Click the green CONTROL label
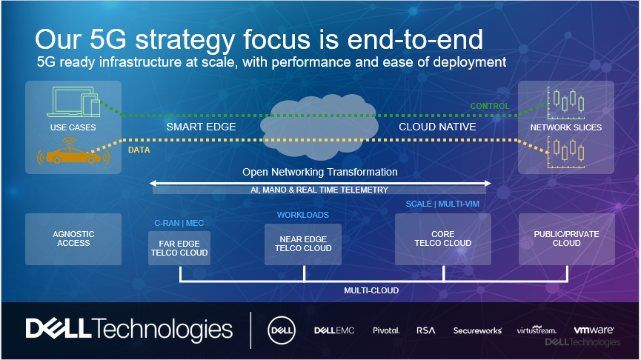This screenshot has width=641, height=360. (x=490, y=106)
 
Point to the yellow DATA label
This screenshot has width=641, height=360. (x=139, y=149)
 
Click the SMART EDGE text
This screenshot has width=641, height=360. (x=200, y=127)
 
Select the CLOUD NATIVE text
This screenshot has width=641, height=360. (x=437, y=127)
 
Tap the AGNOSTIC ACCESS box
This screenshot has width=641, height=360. (x=73, y=239)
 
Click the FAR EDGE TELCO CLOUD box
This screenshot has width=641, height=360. (x=179, y=247)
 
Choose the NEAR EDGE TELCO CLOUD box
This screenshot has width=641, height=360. (x=302, y=244)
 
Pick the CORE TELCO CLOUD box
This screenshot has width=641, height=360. (x=443, y=239)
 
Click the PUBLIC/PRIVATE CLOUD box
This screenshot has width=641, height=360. (x=566, y=239)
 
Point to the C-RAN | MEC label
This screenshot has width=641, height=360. (x=179, y=222)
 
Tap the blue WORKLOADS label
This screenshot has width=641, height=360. (x=302, y=215)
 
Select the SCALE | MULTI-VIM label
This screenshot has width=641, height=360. (x=442, y=204)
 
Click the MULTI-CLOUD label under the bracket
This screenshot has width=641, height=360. (x=371, y=290)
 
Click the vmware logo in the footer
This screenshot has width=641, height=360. (x=593, y=330)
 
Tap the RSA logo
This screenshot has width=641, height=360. (x=425, y=330)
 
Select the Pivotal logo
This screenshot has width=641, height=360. (x=385, y=330)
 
